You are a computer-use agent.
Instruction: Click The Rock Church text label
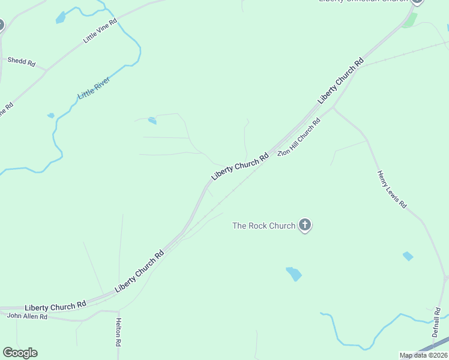tap(264, 226)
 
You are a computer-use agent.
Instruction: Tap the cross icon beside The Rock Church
tap(305, 226)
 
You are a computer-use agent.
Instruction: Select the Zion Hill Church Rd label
tap(299, 137)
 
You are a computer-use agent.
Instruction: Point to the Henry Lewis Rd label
tap(392, 190)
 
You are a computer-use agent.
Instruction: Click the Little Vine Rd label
tap(100, 30)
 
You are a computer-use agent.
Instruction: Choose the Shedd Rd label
tap(22, 61)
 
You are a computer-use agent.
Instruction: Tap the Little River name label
tap(95, 88)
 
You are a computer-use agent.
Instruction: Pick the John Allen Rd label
tap(27, 316)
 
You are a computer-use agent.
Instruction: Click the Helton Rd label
tap(119, 333)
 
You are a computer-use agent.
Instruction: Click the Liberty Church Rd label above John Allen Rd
tap(55, 307)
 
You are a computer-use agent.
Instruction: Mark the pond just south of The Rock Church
tap(294, 274)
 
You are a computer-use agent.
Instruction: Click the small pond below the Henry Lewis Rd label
tap(408, 256)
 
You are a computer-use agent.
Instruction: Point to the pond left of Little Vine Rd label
tap(60, 19)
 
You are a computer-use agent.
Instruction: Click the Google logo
tap(20, 353)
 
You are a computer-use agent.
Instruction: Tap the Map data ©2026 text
tap(423, 355)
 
